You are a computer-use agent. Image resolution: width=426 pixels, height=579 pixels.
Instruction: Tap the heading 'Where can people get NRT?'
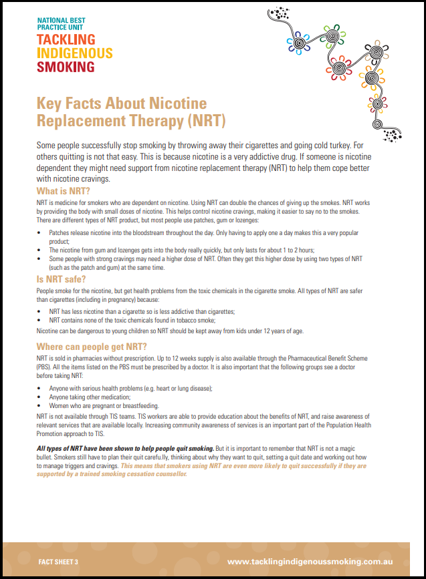tap(91, 347)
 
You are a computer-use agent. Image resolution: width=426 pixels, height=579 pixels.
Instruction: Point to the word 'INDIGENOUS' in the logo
tap(75, 53)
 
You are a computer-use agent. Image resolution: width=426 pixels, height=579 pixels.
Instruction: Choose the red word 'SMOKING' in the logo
tap(66, 67)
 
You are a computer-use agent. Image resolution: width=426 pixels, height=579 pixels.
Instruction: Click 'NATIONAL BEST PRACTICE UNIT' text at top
tap(62, 24)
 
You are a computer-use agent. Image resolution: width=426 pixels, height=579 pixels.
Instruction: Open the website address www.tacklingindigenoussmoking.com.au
tap(309, 562)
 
